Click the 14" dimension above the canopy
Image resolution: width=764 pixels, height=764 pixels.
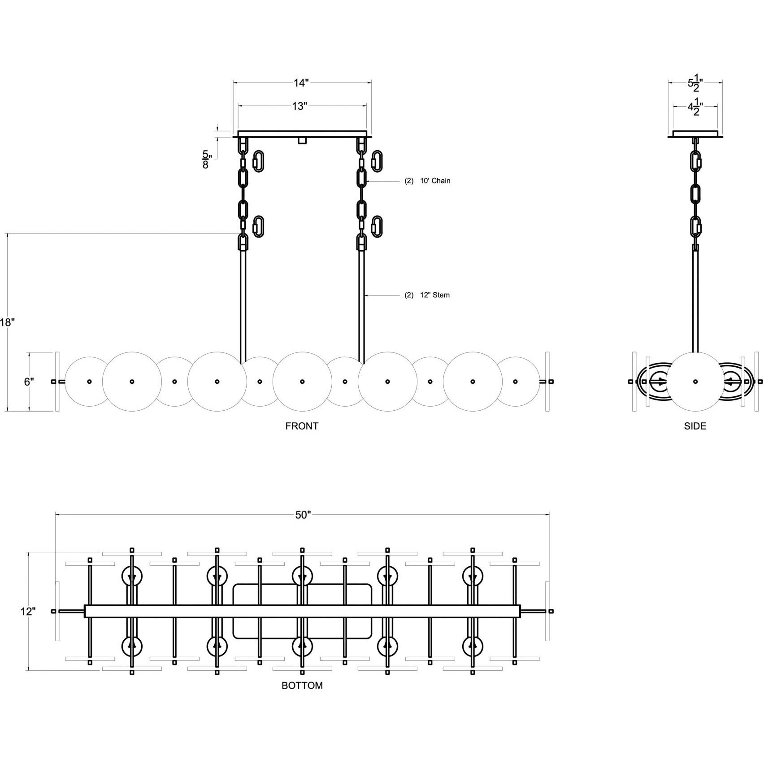pos(302,83)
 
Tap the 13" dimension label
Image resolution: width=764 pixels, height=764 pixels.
pos(300,106)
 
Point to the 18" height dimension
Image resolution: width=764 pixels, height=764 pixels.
pos(8,322)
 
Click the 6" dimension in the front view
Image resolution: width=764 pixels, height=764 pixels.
pos(29,382)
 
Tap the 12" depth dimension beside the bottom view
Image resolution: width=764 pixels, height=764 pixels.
pos(27,611)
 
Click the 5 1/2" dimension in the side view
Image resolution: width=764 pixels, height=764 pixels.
pos(695,83)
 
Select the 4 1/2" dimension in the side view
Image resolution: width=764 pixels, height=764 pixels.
pos(695,107)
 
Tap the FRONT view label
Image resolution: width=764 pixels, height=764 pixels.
pos(302,426)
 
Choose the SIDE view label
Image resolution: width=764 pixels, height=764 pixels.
pos(695,426)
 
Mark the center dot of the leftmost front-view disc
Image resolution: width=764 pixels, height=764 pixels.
pos(89,382)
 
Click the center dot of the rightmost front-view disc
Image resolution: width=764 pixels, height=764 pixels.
pos(515,382)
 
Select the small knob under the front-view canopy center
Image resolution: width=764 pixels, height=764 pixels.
pos(302,141)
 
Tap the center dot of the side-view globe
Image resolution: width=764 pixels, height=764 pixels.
pos(695,382)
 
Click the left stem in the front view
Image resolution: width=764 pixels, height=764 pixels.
pos(243,305)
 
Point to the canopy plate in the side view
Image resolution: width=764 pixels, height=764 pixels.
pos(695,134)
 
